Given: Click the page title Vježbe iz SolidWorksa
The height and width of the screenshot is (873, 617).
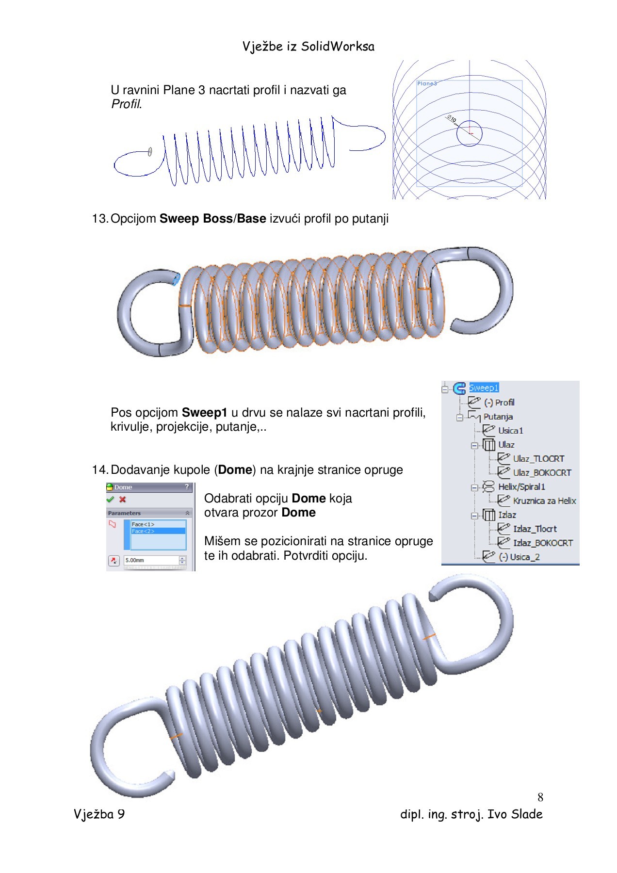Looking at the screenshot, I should [x=308, y=47].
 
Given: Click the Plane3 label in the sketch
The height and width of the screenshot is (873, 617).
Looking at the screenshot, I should [x=427, y=83].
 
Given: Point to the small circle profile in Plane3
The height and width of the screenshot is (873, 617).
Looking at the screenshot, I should [x=469, y=133].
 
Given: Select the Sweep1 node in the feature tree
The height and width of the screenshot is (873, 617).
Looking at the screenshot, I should [x=484, y=388].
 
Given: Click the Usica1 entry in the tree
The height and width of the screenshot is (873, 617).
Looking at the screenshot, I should [x=510, y=431].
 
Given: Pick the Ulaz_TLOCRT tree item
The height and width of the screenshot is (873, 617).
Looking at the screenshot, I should [x=538, y=459].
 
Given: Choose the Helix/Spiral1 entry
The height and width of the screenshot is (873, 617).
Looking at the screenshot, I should [x=521, y=487].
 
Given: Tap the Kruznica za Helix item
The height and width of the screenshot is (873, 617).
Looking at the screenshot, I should [x=544, y=501].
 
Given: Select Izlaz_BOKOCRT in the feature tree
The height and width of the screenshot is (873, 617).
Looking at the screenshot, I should [x=543, y=543].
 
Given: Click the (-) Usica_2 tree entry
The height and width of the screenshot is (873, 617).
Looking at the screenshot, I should [x=519, y=557].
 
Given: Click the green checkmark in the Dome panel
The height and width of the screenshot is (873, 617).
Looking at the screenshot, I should [x=110, y=500].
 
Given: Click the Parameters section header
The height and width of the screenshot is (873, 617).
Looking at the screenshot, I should [x=125, y=513].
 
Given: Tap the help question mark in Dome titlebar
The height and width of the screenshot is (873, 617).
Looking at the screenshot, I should [x=187, y=487].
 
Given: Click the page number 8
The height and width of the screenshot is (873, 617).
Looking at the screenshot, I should [x=540, y=797].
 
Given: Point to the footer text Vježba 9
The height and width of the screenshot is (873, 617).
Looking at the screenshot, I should [x=99, y=814].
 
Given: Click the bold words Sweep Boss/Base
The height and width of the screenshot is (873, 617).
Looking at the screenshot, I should [x=212, y=219].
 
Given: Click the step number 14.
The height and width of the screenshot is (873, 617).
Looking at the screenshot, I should [x=99, y=470].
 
